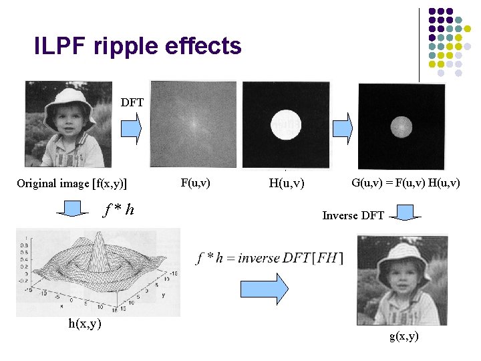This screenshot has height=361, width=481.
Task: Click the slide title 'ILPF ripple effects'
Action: coord(138,46)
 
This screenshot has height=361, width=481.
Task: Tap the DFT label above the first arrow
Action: coord(132,102)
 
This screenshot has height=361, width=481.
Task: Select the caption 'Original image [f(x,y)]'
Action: coord(72,183)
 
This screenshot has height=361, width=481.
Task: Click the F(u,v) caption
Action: coord(195,181)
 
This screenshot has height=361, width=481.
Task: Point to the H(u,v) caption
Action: coord(285,183)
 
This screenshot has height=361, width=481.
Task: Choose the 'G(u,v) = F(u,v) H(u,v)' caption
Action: coord(406,181)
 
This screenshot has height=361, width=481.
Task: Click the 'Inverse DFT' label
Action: coord(353,215)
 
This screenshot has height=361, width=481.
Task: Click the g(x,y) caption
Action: coord(404,336)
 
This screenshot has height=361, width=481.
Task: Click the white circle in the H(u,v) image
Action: coord(286,125)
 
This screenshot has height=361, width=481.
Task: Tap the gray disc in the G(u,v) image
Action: coord(402,125)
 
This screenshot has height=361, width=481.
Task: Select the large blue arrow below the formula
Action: coord(263,289)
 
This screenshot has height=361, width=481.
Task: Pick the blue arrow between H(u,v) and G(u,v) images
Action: coord(342,127)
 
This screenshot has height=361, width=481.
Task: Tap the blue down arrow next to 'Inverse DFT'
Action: coord(406,215)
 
